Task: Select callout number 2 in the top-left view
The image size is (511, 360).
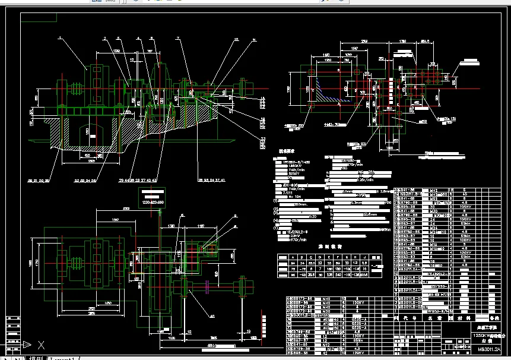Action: pyautogui.click(x=104, y=39)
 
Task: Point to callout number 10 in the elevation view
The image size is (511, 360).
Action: pyautogui.click(x=236, y=39)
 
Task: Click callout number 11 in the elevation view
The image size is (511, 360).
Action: pyautogui.click(x=254, y=40)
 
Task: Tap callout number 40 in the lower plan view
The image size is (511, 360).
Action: pyautogui.click(x=212, y=317)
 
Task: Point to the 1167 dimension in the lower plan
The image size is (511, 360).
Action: pyautogui.click(x=201, y=226)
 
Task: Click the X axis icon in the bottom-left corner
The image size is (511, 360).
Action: pyautogui.click(x=40, y=344)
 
